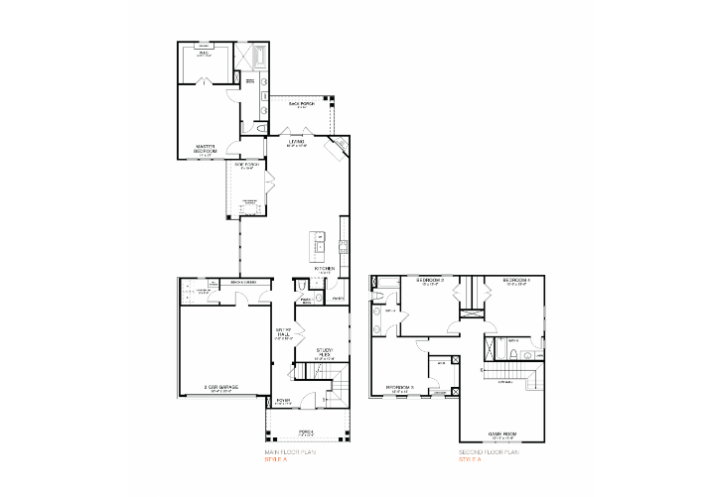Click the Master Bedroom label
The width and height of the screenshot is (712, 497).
point(206,151)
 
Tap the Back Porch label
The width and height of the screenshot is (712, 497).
point(302,104)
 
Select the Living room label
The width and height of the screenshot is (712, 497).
point(297,142)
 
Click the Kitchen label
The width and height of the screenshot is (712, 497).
point(325,269)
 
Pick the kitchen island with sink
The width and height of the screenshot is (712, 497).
point(321,242)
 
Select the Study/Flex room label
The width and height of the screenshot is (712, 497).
point(325,351)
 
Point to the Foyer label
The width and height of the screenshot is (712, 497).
point(283,401)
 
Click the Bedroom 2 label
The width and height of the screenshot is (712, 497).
point(430,281)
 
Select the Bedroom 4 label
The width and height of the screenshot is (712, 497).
point(516,281)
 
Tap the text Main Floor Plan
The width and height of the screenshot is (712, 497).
point(288,452)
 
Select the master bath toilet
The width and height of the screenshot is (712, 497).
point(260,128)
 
